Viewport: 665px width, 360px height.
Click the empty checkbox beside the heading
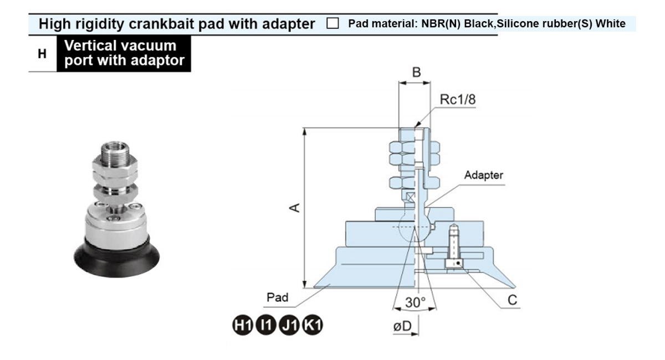tap(332, 24)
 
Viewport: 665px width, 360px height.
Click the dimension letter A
tap(296, 208)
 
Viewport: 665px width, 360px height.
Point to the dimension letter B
tap(417, 72)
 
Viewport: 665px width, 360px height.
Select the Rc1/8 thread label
tap(458, 100)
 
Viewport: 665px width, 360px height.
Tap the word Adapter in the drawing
tap(484, 176)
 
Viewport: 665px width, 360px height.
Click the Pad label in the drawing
tap(278, 297)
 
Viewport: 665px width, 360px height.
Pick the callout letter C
tap(513, 300)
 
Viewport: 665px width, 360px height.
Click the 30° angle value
tap(415, 302)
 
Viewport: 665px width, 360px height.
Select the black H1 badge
tap(241, 325)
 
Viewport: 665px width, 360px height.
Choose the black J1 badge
tap(289, 325)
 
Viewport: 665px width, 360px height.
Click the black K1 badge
tap(313, 325)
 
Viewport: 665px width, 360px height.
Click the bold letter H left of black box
tap(42, 54)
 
